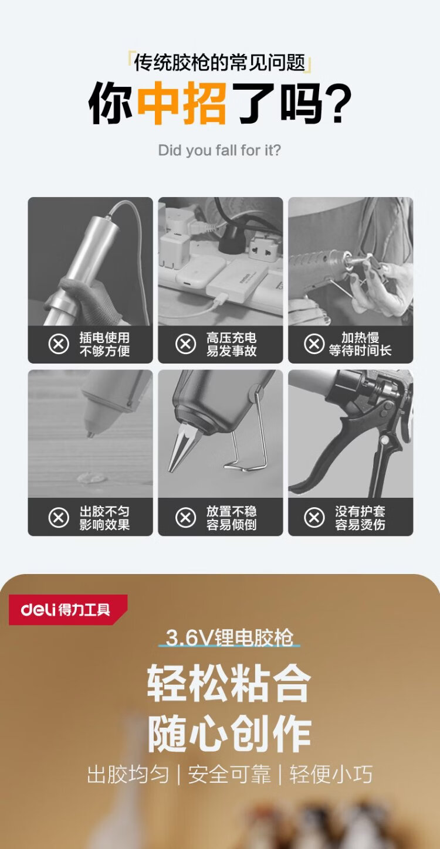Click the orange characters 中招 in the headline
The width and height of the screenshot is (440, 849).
click(x=182, y=103)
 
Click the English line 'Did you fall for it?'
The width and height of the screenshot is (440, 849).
click(x=219, y=151)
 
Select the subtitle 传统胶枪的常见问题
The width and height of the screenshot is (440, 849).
click(x=219, y=62)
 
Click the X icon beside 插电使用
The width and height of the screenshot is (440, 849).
click(x=59, y=344)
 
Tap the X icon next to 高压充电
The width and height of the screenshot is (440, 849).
click(x=185, y=344)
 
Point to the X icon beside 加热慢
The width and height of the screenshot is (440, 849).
click(x=314, y=344)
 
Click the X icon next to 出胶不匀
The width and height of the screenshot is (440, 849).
click(x=59, y=518)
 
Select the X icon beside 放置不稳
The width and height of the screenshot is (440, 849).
click(x=185, y=518)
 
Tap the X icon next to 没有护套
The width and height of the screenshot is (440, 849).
click(x=314, y=518)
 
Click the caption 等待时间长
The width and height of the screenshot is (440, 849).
click(x=360, y=351)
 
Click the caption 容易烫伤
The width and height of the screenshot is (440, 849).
click(x=360, y=525)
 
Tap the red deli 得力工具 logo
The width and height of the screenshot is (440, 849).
click(x=68, y=609)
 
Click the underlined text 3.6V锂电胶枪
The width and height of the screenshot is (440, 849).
click(x=229, y=637)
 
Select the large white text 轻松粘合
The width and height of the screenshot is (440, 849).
click(x=229, y=684)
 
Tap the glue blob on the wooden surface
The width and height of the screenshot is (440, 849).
click(x=92, y=478)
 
